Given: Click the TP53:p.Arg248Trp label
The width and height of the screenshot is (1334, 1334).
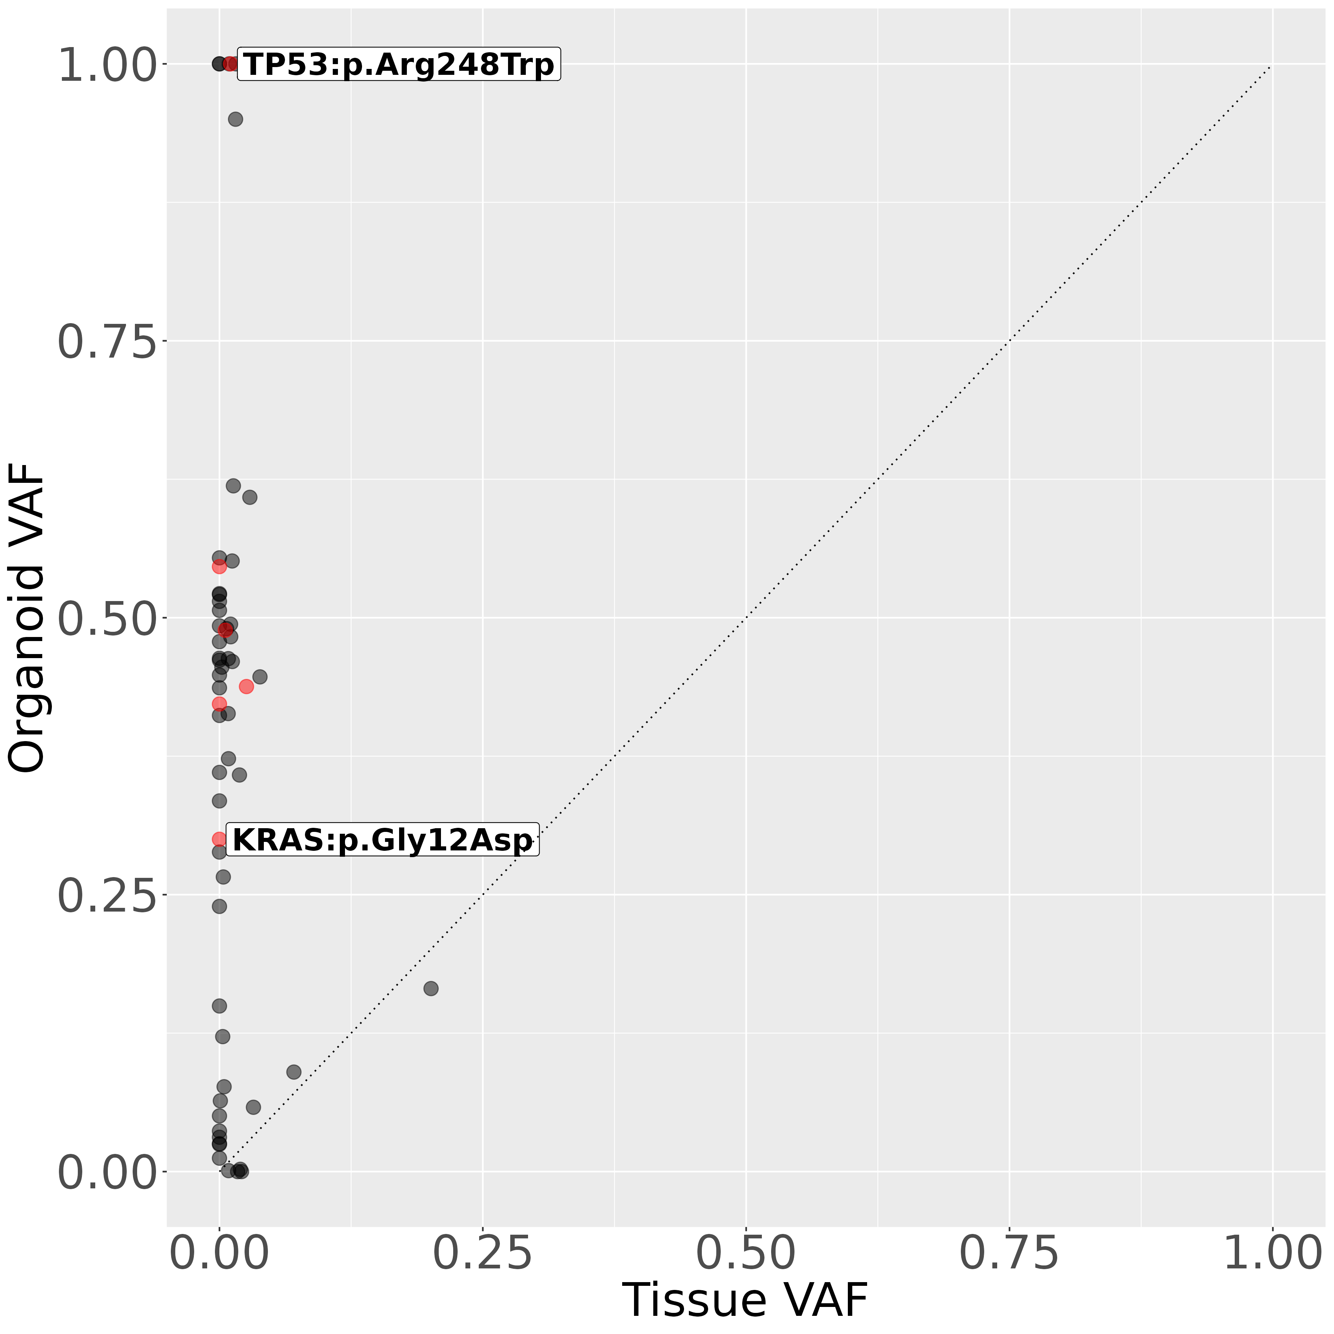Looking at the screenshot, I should pyautogui.click(x=399, y=65).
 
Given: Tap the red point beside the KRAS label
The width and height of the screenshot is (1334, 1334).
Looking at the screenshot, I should pyautogui.click(x=220, y=839).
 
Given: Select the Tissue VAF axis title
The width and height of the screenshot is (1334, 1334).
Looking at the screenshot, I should pyautogui.click(x=746, y=1301).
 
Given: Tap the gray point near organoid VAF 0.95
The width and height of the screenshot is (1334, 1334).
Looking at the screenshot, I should pyautogui.click(x=235, y=119).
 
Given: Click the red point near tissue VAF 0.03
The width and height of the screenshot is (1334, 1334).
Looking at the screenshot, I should pyautogui.click(x=246, y=686).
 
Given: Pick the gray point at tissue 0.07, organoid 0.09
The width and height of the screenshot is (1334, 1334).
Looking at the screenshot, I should pyautogui.click(x=293, y=1072).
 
